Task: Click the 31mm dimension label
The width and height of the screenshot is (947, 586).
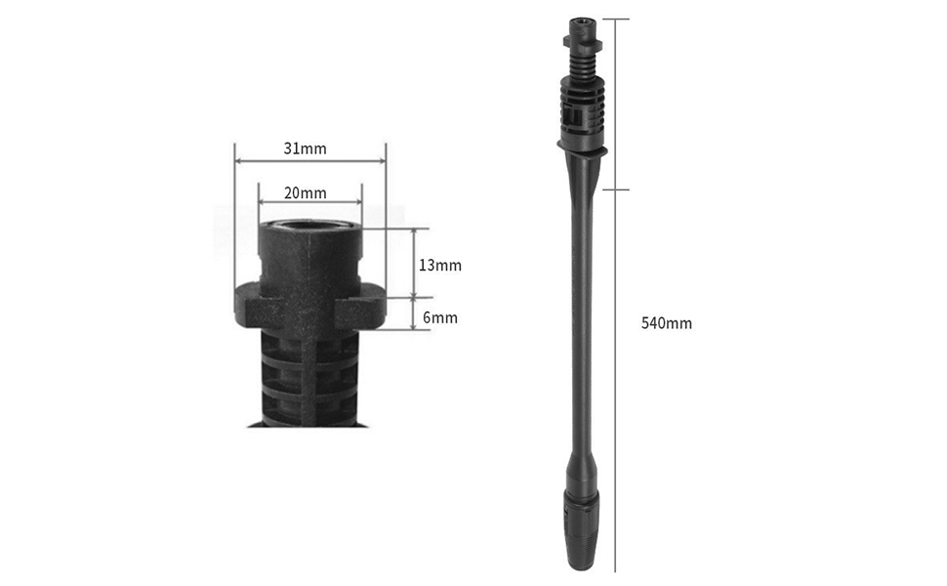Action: point(305,149)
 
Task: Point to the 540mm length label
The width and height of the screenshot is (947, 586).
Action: point(666,323)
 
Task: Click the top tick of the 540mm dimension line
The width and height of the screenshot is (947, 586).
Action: point(616,19)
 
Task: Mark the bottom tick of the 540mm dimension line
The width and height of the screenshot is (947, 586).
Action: point(616,571)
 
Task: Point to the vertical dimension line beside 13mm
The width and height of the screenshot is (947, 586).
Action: point(416,264)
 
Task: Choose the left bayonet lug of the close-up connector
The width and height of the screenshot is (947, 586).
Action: point(249,305)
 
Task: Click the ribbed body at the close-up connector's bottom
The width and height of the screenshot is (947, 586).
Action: point(309,381)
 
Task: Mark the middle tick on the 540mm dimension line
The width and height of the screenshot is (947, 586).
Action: point(616,189)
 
